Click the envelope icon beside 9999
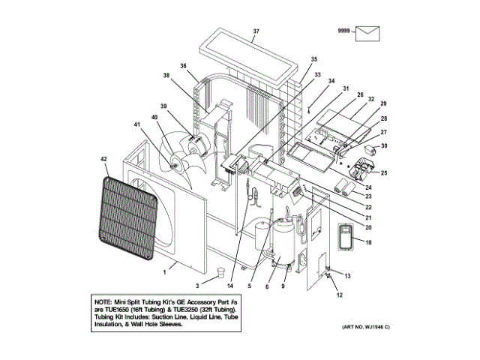369,32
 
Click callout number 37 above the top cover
256,31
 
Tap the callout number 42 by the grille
103,159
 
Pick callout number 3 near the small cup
197,286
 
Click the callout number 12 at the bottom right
339,295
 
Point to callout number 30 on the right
384,145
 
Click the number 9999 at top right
344,30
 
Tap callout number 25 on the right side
383,172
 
